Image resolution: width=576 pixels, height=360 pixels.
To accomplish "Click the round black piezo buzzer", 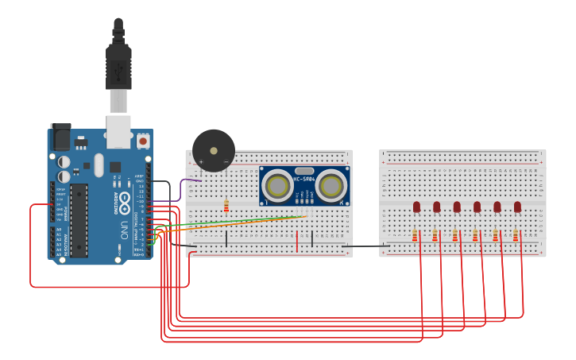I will click(x=214, y=150).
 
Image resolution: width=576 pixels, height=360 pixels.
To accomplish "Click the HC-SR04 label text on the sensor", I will click(x=304, y=179).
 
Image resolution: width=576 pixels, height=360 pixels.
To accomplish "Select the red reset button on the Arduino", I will click(x=143, y=141).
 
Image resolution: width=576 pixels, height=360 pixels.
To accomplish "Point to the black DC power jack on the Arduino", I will click(x=60, y=138).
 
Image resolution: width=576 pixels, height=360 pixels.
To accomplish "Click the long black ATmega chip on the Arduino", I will click(x=79, y=220).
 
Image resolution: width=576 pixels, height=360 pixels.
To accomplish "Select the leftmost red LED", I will click(x=416, y=207).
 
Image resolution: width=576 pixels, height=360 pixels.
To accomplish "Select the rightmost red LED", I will click(x=517, y=207).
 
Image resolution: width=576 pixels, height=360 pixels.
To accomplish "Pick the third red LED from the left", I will click(x=457, y=207).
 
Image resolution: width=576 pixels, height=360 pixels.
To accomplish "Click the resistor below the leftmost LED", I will click(x=415, y=235).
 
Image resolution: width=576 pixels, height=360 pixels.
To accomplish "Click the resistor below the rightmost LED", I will click(x=516, y=235).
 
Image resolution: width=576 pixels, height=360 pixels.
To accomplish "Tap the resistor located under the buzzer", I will click(x=226, y=206).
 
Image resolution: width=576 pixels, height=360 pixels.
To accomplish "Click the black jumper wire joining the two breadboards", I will click(x=365, y=246).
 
